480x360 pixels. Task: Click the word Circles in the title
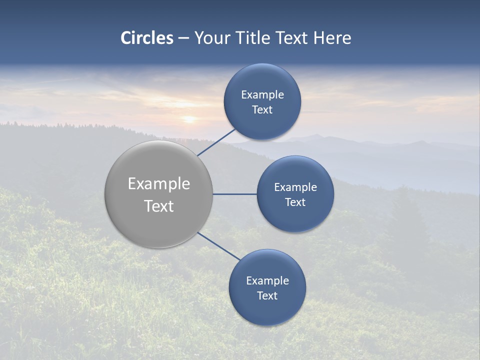(x=147, y=38)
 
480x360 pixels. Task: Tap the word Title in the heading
(x=254, y=38)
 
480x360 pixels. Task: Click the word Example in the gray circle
(x=159, y=184)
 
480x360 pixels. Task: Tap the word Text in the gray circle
(x=159, y=206)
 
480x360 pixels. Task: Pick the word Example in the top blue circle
(x=262, y=95)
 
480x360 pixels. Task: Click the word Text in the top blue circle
(x=262, y=110)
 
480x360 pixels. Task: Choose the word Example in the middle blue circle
(x=295, y=187)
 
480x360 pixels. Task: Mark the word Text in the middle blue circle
(x=295, y=202)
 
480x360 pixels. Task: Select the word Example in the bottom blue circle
(x=267, y=281)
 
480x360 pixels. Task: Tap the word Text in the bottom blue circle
(x=267, y=296)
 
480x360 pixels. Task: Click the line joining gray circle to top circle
(x=216, y=142)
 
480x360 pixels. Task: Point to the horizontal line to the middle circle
(x=234, y=194)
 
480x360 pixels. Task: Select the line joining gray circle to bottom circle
(x=218, y=246)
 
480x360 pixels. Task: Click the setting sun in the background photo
(x=189, y=119)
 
